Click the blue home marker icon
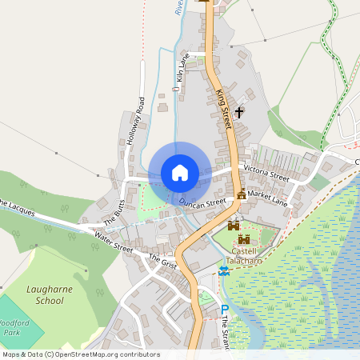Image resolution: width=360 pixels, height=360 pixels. pos(180,173)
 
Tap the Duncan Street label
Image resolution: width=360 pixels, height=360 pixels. pos(203,204)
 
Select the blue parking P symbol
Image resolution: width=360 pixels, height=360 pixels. pos(225,310)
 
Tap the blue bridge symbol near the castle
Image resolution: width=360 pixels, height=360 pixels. pos(224,271)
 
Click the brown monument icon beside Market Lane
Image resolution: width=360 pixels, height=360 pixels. pos(242,194)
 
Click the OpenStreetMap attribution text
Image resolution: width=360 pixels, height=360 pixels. pos(80,354)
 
